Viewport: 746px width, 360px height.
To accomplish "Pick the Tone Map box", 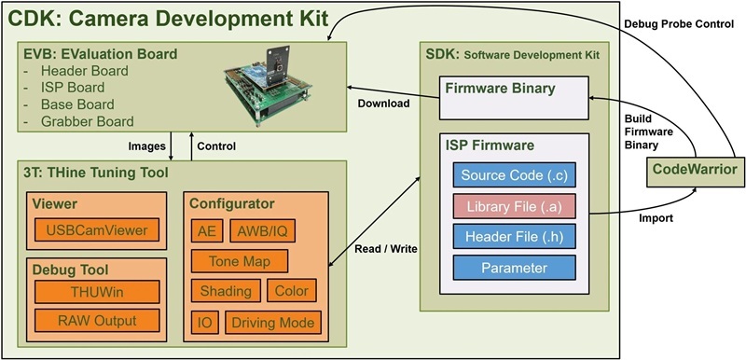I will tap(239, 261).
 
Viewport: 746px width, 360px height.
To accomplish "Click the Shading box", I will tap(225, 291).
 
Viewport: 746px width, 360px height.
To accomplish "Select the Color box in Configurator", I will tap(293, 291).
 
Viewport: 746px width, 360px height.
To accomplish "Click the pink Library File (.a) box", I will tap(514, 206).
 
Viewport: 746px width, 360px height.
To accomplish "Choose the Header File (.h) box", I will tap(514, 237).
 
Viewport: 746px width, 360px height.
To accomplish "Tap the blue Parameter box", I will tap(514, 268).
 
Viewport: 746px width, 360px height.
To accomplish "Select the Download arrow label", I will tap(383, 104).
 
